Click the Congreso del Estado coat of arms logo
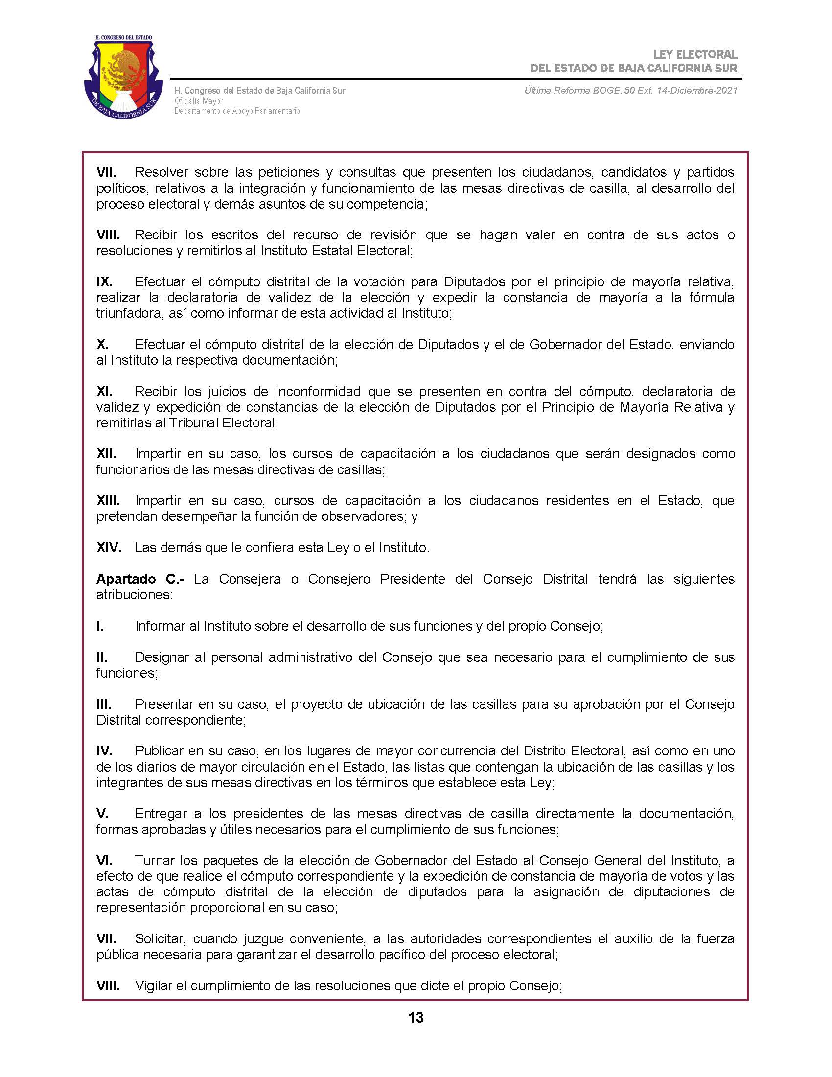click(124, 78)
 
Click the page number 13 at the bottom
click(416, 1017)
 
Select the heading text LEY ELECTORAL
click(695, 55)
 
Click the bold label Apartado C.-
click(140, 579)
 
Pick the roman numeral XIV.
click(109, 547)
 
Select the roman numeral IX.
click(105, 282)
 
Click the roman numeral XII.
click(107, 454)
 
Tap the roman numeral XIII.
click(108, 500)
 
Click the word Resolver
click(161, 173)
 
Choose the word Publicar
click(159, 751)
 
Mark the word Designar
click(161, 657)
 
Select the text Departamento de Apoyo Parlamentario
click(236, 111)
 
